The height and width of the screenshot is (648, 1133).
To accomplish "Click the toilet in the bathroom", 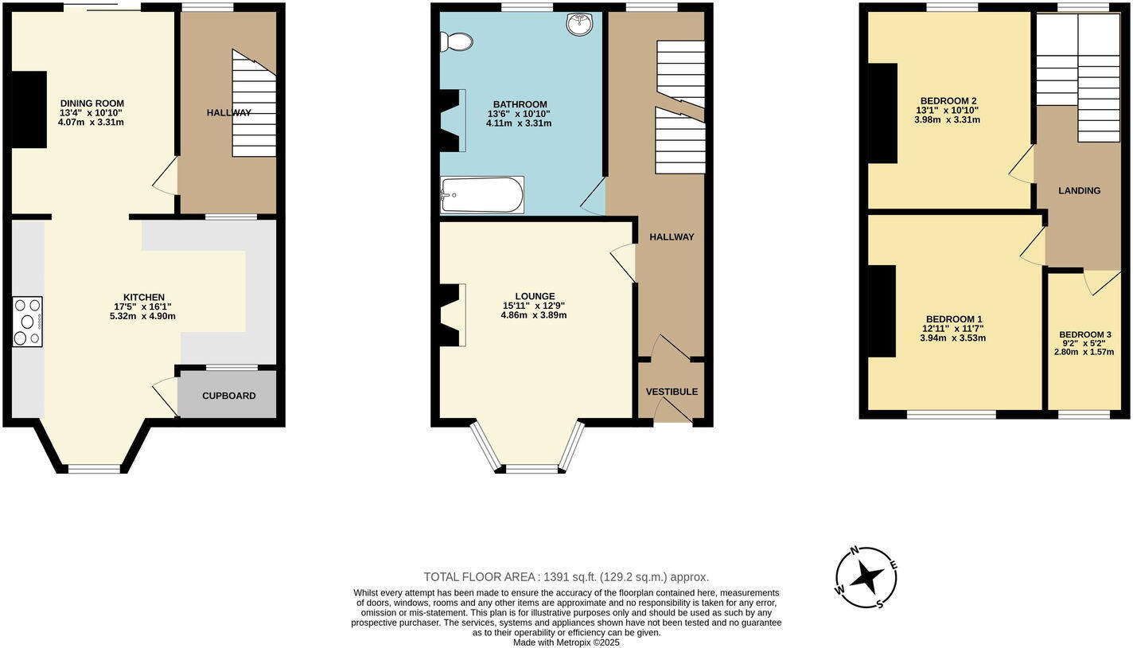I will (457, 41).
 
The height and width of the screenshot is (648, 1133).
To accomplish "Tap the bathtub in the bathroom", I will (482, 195).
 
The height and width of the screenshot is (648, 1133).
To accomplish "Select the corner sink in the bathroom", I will (580, 25).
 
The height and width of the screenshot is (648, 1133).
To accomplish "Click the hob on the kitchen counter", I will (27, 322).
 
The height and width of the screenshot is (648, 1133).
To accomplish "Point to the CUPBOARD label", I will (228, 396).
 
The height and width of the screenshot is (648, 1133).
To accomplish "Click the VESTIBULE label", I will (672, 392).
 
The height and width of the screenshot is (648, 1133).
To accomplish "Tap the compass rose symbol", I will (866, 578).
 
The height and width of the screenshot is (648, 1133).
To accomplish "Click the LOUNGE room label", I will (534, 296).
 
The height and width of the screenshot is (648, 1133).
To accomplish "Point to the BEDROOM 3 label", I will (1085, 334).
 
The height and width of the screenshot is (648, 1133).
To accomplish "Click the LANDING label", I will (1079, 191).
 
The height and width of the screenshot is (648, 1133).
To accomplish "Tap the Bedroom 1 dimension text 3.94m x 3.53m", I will (954, 338).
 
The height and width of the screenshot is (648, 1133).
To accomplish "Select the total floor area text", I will (566, 577).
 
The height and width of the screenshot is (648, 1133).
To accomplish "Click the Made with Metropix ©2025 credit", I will (566, 642).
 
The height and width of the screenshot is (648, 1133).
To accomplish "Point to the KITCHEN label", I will (143, 297).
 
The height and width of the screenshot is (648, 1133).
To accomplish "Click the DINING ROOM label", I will (92, 103).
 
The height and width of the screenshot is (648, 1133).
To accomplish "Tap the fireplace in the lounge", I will (451, 315).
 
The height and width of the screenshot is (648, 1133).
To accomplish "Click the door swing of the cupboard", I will (165, 393).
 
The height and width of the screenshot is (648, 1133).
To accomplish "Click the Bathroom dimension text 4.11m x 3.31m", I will (519, 123).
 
